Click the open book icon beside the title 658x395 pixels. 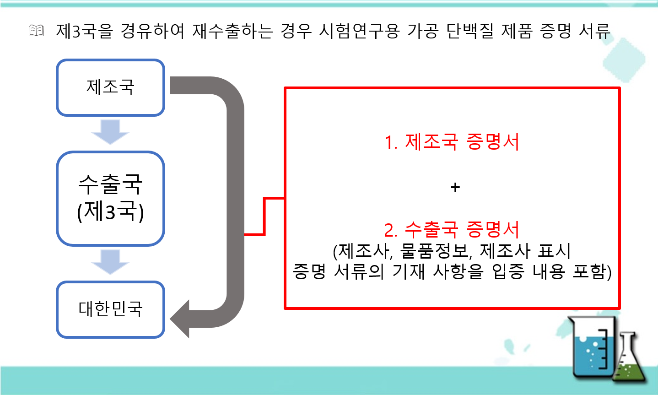37,31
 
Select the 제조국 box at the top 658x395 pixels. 110,87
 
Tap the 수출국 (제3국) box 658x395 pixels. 110,198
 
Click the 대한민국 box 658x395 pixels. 110,309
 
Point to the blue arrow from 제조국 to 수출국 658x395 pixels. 110,132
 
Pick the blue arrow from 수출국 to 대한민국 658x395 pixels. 110,262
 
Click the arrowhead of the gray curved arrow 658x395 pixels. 180,319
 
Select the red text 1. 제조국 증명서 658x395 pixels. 452,142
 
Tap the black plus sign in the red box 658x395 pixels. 455,187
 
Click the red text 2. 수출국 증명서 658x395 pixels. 452,229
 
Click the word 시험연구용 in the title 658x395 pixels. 359,31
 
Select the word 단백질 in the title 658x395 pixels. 470,31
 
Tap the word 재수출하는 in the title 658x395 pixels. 232,31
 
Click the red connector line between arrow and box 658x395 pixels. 264,216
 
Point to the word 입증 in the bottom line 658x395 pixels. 508,271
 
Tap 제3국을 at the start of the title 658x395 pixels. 85,31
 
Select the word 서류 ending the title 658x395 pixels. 594,31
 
